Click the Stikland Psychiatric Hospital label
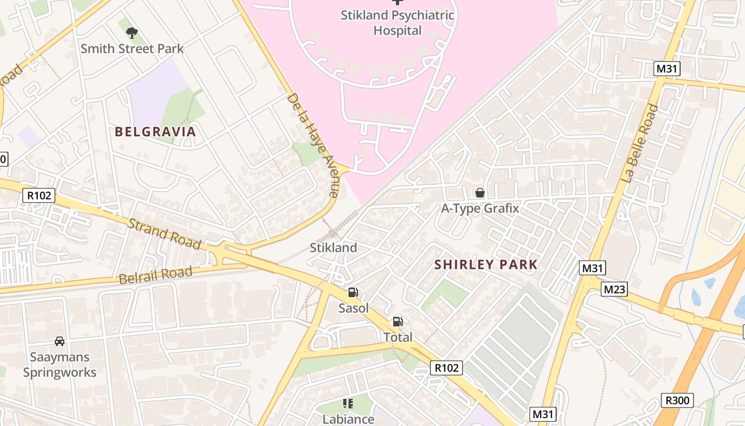(x=398, y=23)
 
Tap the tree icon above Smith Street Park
(x=131, y=33)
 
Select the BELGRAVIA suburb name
(x=155, y=132)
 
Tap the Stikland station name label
(x=334, y=248)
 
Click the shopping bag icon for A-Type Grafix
(x=479, y=193)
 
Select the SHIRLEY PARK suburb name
(x=486, y=264)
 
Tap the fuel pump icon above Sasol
(x=352, y=292)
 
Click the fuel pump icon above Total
(x=398, y=322)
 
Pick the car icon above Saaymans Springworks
(x=60, y=341)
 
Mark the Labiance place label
(x=348, y=419)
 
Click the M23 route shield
(x=614, y=289)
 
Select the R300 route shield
(x=677, y=400)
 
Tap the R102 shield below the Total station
(x=446, y=367)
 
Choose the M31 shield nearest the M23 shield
(x=592, y=268)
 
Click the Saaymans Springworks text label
(x=60, y=365)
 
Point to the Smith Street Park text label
(x=132, y=48)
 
